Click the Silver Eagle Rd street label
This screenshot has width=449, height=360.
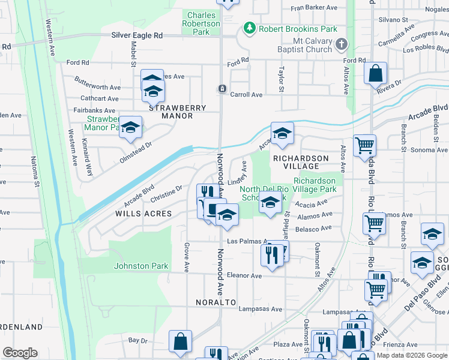[x=137, y=35]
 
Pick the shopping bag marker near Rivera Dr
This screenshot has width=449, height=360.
[x=375, y=74]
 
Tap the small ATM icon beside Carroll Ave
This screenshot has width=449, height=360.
[x=222, y=89]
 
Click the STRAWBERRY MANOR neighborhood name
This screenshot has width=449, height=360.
[x=177, y=112]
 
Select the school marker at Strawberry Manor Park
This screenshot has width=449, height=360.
[x=130, y=128]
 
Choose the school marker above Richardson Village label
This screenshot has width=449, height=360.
[x=281, y=134]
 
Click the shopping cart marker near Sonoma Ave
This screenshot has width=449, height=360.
[x=364, y=145]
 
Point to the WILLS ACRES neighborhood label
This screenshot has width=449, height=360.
[x=148, y=214]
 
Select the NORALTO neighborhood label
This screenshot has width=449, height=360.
[x=215, y=302]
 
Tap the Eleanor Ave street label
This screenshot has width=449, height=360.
[x=244, y=276]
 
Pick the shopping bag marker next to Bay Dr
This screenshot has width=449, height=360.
[x=180, y=342]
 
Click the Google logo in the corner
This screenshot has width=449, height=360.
[x=20, y=353]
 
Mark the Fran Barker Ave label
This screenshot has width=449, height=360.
[x=314, y=8]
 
